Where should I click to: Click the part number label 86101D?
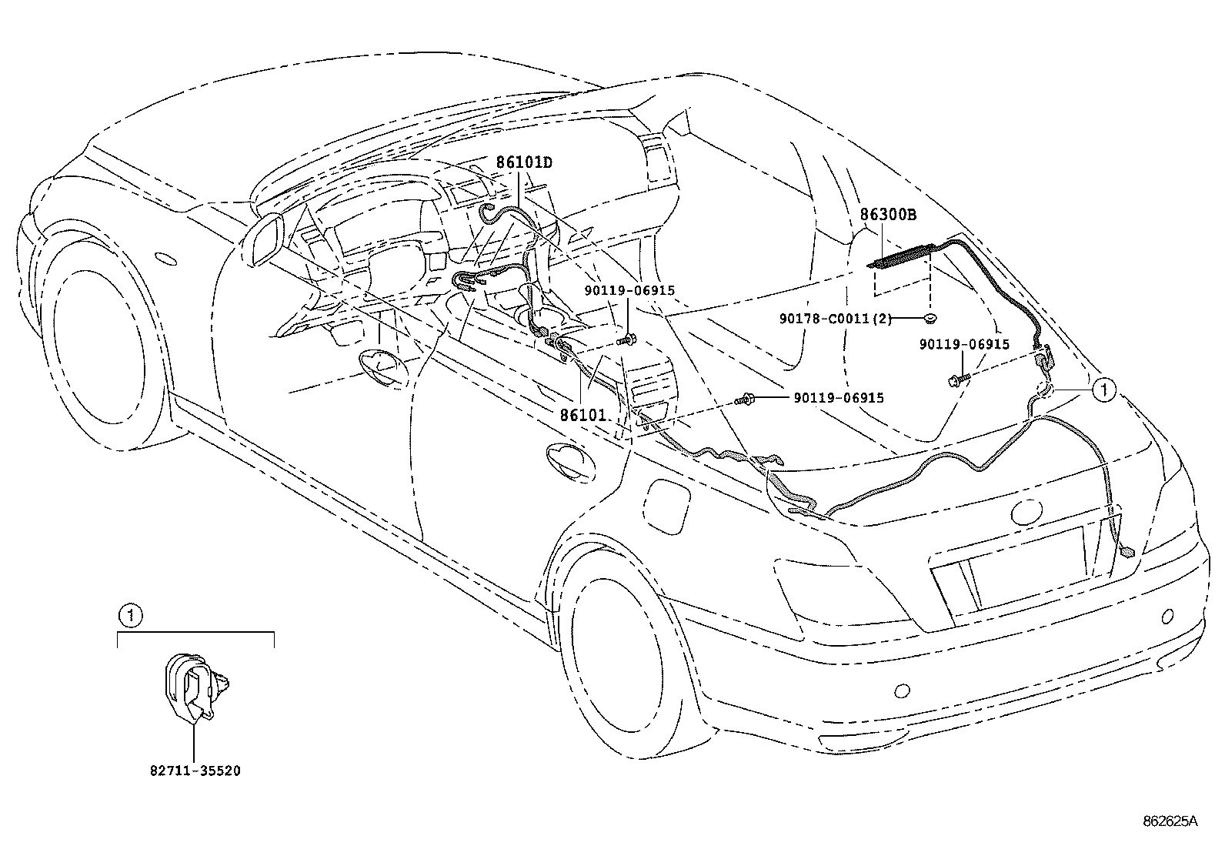pyautogui.click(x=524, y=162)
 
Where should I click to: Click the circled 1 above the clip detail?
pyautogui.click(x=131, y=614)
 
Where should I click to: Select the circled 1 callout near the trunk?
pyautogui.click(x=1103, y=390)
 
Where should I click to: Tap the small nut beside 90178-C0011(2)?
pyautogui.click(x=930, y=318)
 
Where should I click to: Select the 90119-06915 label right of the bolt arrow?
pyautogui.click(x=839, y=398)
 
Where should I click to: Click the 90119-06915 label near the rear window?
pyautogui.click(x=963, y=345)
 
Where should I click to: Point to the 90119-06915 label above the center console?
pyautogui.click(x=629, y=291)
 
